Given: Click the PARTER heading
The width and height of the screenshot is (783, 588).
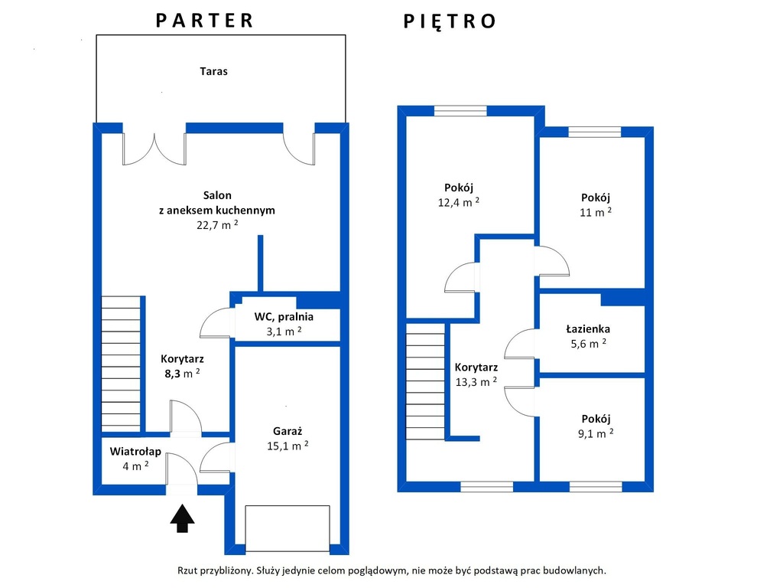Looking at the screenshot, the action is (x=205, y=21).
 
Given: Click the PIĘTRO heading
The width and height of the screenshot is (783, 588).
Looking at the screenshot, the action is (x=450, y=21).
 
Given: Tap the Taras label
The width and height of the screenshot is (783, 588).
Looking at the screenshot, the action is (x=214, y=71).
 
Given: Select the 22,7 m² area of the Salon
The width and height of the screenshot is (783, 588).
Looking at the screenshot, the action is (x=217, y=224).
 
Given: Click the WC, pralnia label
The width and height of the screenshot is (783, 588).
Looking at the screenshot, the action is (x=284, y=316).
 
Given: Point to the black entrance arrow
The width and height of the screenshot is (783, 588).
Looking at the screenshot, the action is (x=182, y=518).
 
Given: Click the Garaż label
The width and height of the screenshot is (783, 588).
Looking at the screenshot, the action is (x=288, y=431).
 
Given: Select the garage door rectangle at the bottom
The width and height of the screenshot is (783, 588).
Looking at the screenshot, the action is (x=288, y=528).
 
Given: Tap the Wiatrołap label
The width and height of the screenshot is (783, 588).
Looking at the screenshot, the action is (x=135, y=452).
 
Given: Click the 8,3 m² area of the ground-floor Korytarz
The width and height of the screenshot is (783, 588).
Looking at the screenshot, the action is (x=182, y=373).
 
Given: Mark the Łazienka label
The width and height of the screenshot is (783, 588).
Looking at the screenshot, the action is (x=588, y=328).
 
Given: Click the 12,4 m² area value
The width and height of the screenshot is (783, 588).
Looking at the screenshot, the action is (x=459, y=202).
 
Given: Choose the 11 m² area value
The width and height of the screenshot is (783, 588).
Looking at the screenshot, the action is (x=595, y=212).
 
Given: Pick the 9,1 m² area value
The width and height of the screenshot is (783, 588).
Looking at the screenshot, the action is (x=596, y=433).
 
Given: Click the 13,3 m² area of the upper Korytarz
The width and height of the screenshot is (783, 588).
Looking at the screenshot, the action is (x=476, y=382).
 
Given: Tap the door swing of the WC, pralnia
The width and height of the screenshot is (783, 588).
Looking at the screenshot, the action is (x=215, y=323).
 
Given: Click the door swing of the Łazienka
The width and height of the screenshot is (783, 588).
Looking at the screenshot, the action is (x=520, y=344).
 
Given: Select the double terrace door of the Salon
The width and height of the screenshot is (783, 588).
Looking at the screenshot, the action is (x=154, y=149).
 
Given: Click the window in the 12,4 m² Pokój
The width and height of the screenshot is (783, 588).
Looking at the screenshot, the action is (x=460, y=110).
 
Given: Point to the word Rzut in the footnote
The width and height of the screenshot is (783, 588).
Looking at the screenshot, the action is (x=187, y=570).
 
